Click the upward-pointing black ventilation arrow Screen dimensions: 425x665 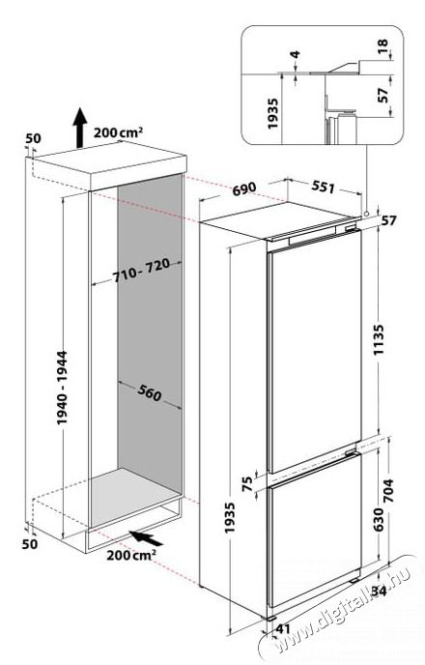(x=79, y=128)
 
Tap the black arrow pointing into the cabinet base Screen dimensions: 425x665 (x=146, y=537)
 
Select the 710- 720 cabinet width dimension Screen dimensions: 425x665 (x=141, y=271)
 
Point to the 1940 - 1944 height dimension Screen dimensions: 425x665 (x=62, y=387)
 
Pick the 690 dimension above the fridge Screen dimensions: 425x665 (x=243, y=188)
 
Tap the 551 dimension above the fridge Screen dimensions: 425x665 (x=323, y=187)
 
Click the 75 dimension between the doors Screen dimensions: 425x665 (x=247, y=483)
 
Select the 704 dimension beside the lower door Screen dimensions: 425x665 (x=388, y=490)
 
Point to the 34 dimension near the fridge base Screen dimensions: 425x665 (x=379, y=591)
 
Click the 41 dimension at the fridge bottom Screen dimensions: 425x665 (x=283, y=629)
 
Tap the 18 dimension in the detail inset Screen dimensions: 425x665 (x=382, y=44)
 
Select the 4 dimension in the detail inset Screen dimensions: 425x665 (x=296, y=54)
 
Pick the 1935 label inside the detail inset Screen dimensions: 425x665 (x=272, y=113)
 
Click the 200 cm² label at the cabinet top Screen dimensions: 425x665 (x=118, y=132)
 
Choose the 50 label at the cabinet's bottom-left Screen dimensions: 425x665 (x=30, y=543)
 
